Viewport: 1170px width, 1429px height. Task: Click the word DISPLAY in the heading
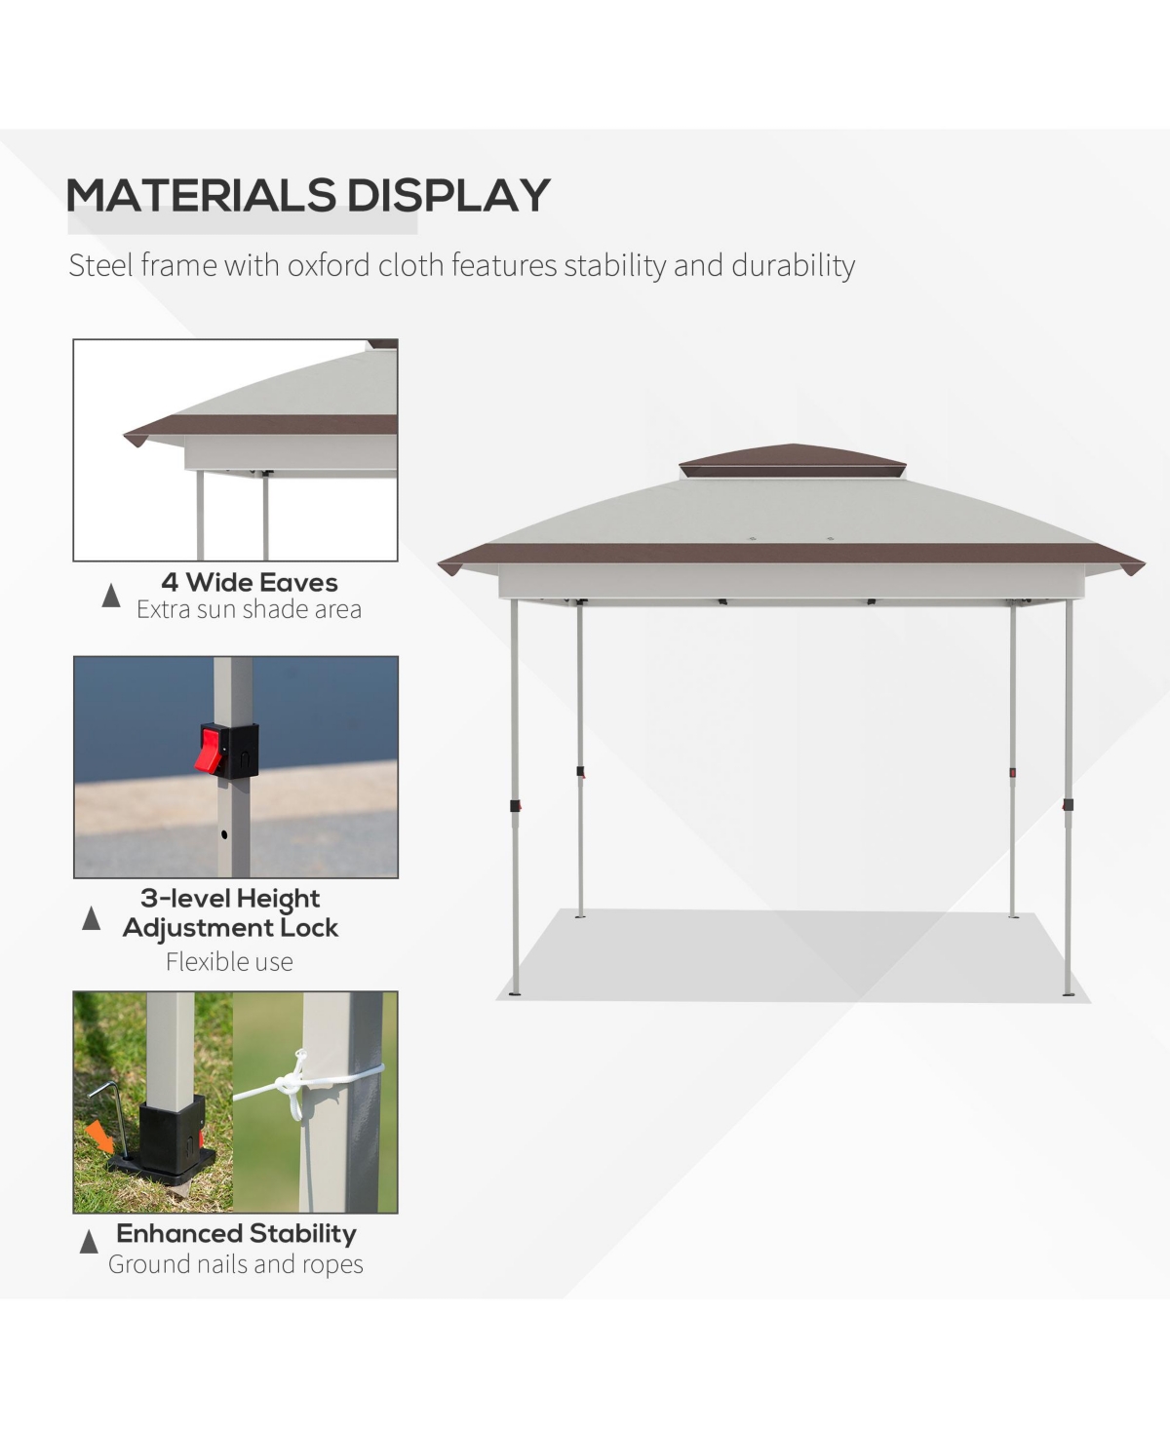click(448, 195)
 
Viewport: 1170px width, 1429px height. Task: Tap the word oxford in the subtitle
click(329, 265)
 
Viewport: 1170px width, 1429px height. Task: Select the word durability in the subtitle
click(793, 265)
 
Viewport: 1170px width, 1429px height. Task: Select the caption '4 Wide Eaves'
click(250, 583)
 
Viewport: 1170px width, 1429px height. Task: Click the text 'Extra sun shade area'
click(249, 610)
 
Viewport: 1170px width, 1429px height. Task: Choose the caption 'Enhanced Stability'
click(236, 1233)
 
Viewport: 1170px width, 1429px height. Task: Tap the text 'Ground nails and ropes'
click(236, 1264)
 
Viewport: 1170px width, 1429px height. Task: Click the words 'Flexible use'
click(229, 962)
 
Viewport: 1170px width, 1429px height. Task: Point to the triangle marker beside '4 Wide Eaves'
click(111, 596)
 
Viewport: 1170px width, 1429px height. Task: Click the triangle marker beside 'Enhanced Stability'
click(89, 1242)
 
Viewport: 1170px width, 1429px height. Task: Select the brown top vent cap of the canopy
click(792, 457)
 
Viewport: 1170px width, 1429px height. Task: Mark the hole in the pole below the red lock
click(224, 835)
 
